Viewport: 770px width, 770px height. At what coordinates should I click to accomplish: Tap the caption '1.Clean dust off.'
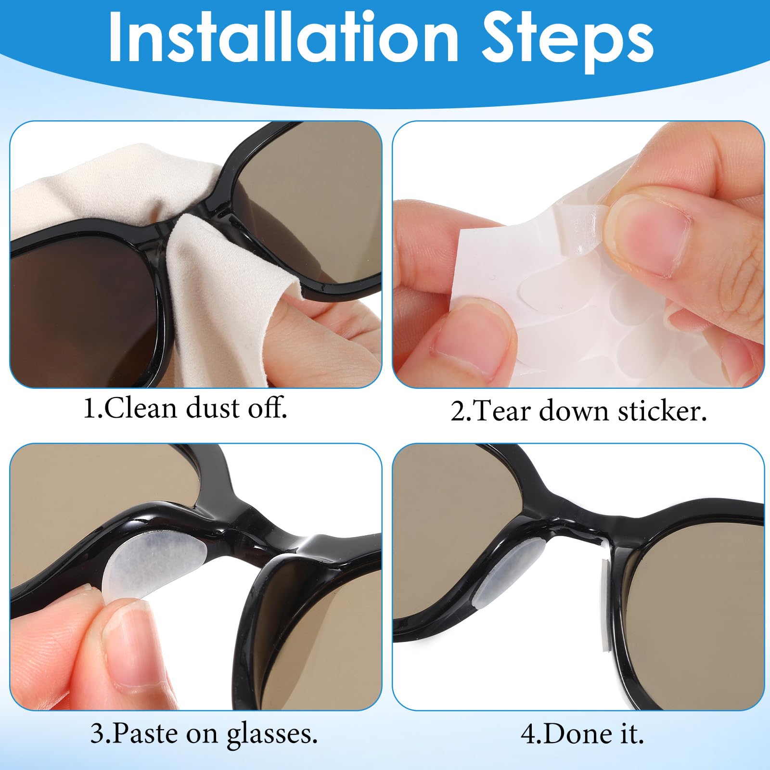185,409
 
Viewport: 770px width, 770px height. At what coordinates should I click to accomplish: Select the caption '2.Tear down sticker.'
579,412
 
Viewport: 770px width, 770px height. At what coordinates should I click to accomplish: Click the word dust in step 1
212,409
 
